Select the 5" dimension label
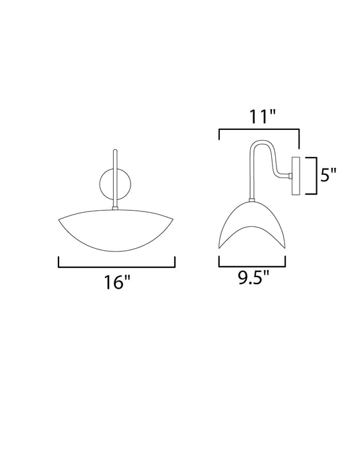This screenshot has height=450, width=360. point(330,174)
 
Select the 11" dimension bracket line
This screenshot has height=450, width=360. point(260,130)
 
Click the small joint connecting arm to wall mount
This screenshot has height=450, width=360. point(291,175)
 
